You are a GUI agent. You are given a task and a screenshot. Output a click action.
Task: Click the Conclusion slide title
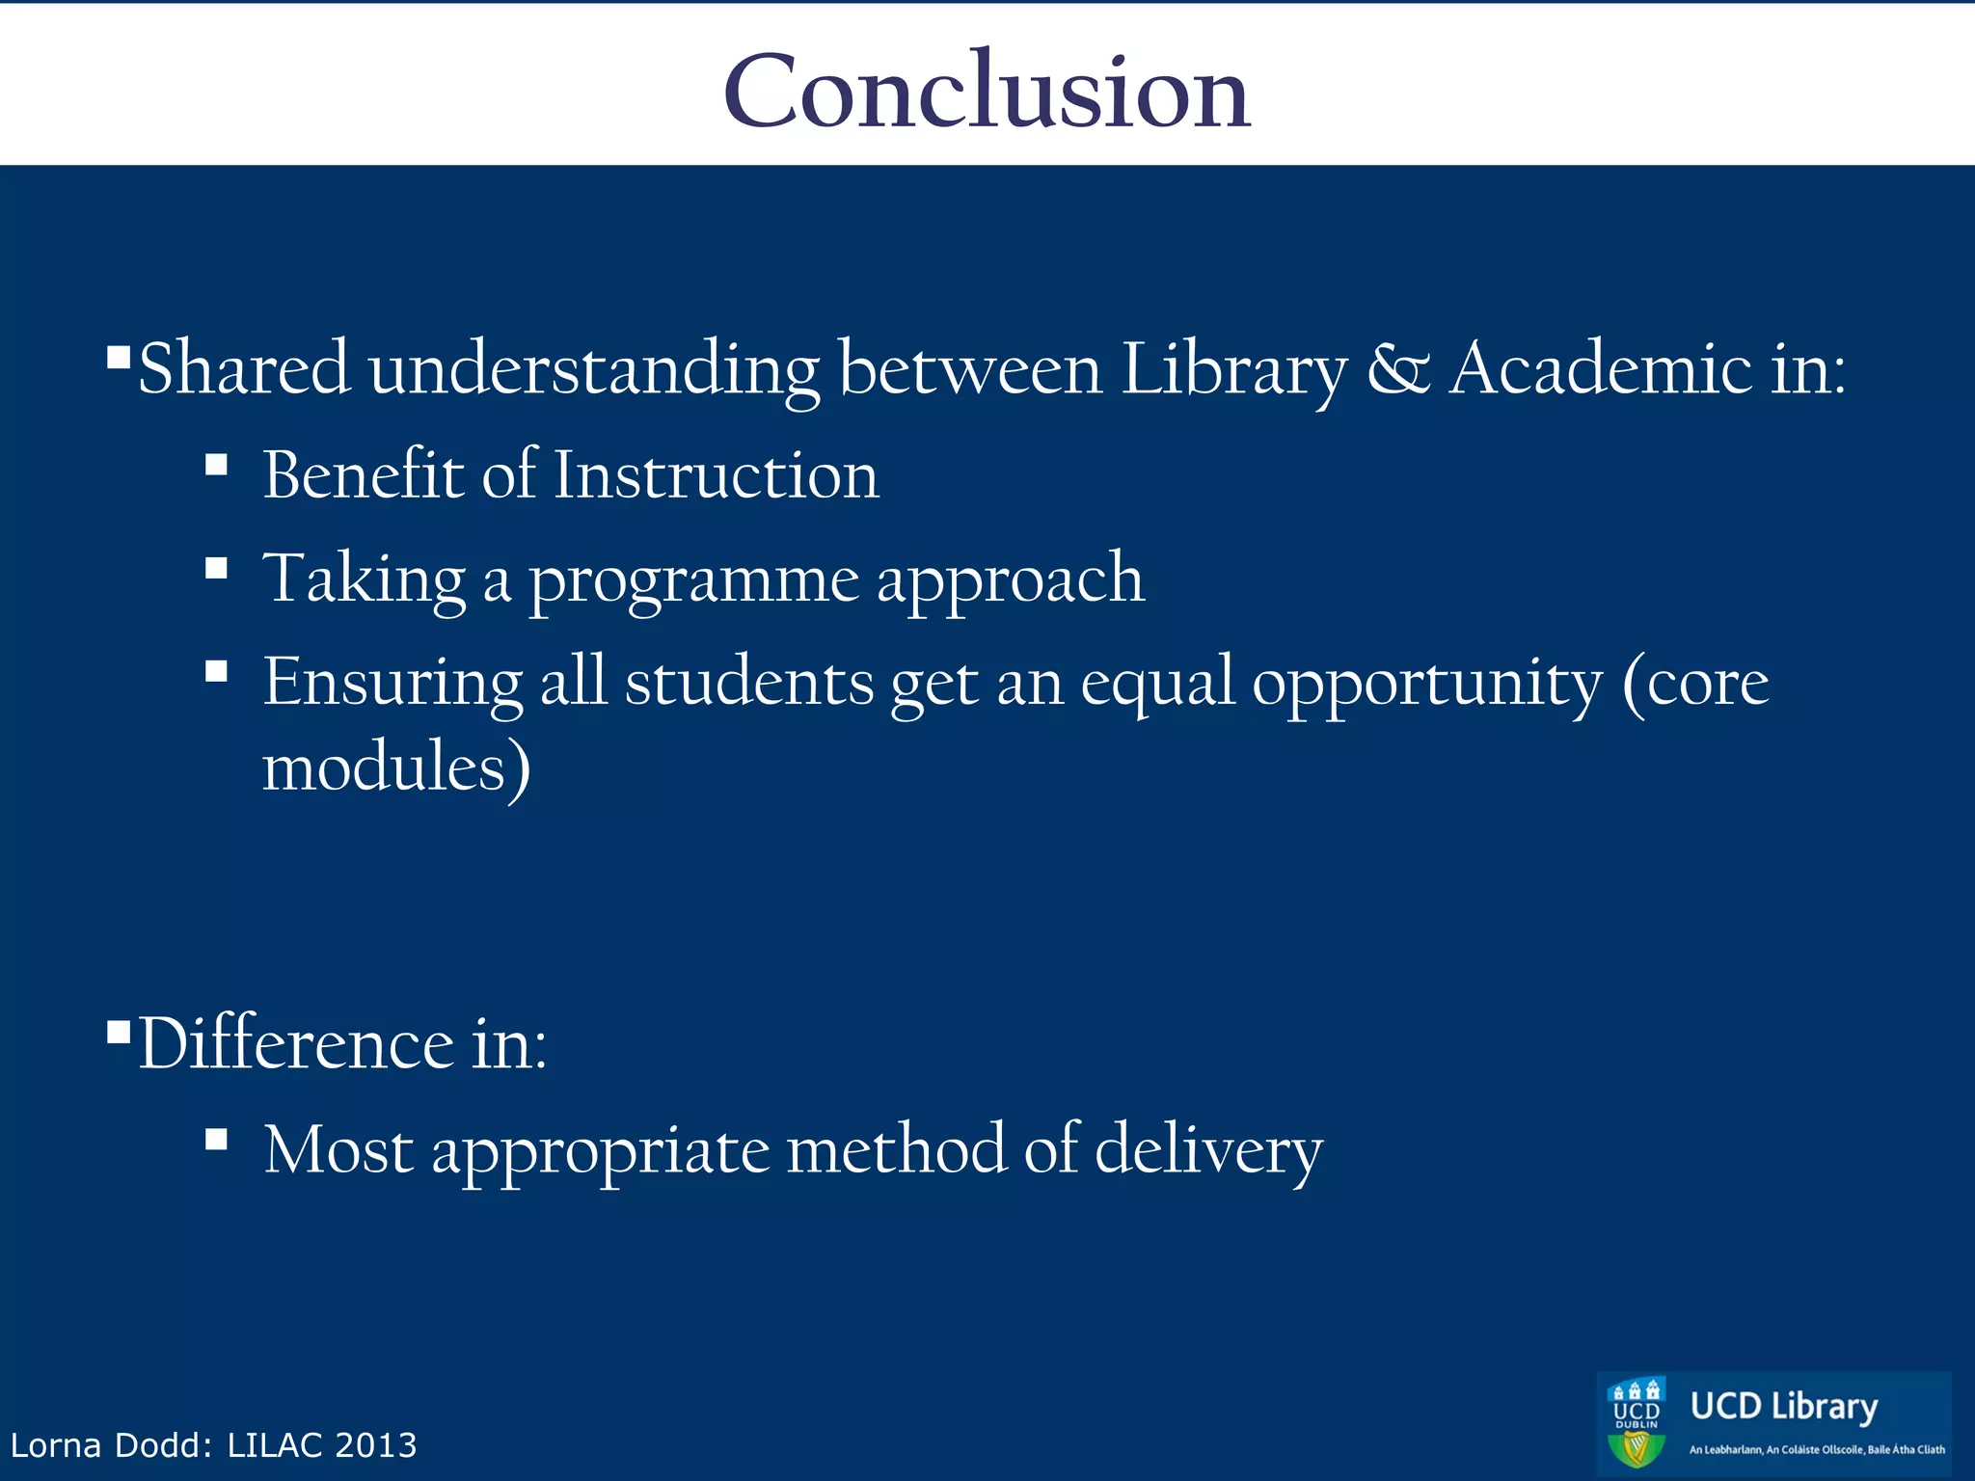coord(987,91)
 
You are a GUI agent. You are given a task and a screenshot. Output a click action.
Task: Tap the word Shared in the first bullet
coord(243,369)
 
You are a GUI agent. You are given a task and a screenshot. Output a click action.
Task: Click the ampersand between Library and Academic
coord(1397,369)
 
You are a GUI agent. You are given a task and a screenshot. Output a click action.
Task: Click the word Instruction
coord(716,475)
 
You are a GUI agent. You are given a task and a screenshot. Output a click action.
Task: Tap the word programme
coord(693,580)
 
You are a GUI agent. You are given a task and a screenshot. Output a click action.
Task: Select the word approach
coord(1010,580)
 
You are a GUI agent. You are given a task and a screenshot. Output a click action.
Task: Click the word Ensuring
coord(392,684)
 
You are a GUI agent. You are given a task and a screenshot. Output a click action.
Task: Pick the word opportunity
coord(1426,684)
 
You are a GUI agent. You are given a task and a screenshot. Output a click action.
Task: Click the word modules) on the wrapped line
coord(396,767)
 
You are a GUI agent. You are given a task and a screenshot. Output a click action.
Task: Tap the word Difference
coord(296,1044)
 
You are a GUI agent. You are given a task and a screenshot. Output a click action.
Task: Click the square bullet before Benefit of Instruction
coord(216,467)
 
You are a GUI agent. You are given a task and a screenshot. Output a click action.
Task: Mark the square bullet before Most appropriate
coord(216,1141)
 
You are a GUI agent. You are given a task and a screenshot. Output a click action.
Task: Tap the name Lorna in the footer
coord(55,1445)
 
